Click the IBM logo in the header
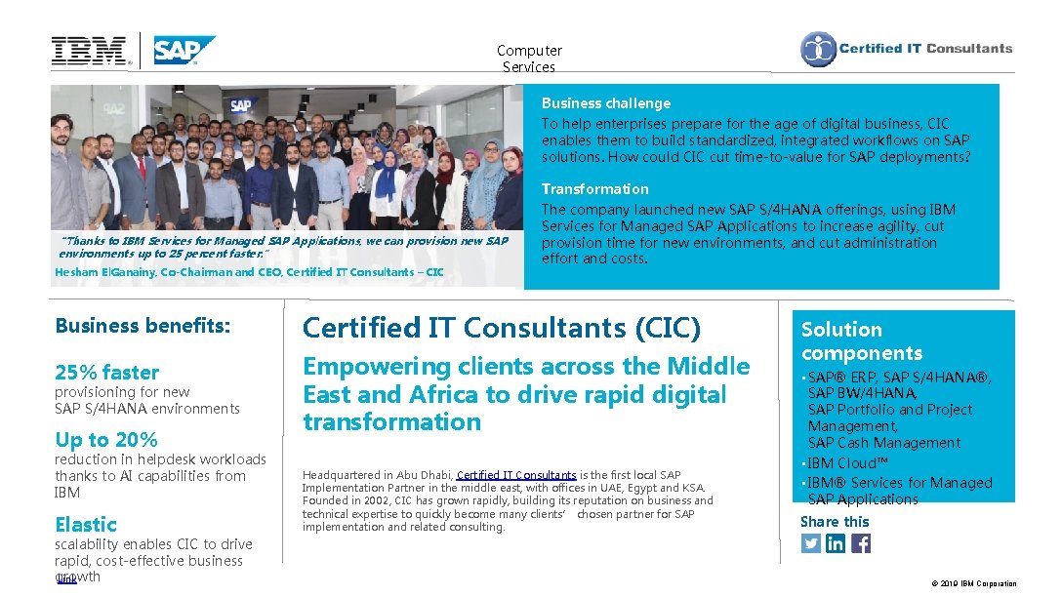(89, 51)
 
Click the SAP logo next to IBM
(184, 50)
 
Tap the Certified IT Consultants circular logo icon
(818, 50)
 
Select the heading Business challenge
(605, 103)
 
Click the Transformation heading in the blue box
(594, 189)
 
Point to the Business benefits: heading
(143, 326)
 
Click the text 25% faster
(106, 372)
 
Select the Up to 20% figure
(105, 439)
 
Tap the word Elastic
(86, 524)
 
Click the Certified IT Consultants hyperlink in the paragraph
(515, 475)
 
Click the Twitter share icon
(811, 543)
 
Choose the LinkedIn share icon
(836, 543)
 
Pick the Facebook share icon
(861, 543)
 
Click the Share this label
(834, 521)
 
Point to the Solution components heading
(861, 340)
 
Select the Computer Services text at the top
(529, 59)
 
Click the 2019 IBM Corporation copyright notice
(973, 583)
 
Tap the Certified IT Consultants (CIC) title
(502, 329)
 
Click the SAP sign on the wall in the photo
(240, 105)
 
